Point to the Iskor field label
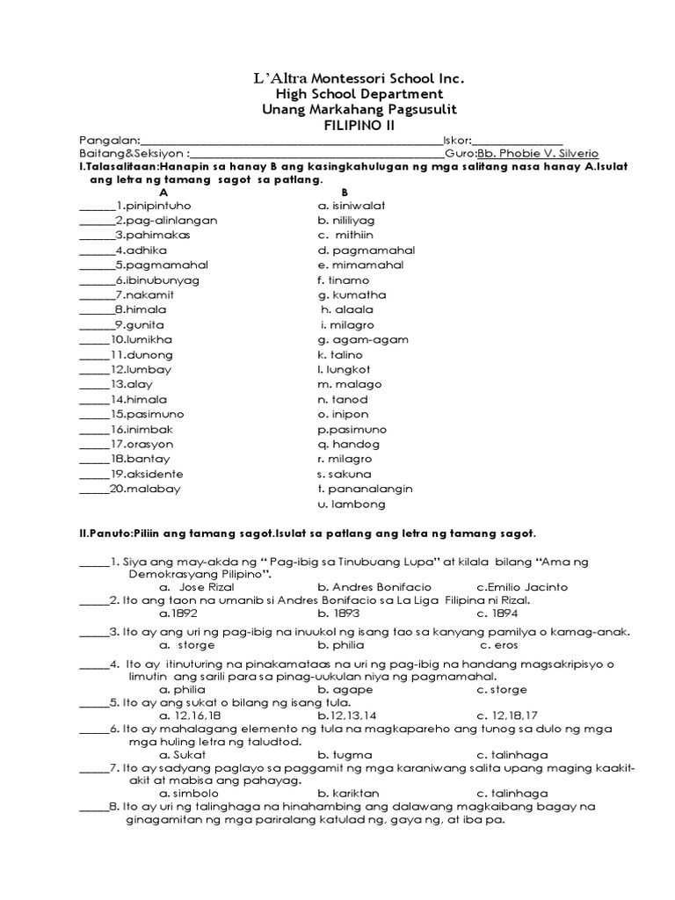[458, 139]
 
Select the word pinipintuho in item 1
[154, 205]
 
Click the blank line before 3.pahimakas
[97, 236]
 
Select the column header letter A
[163, 191]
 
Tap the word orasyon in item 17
[149, 444]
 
